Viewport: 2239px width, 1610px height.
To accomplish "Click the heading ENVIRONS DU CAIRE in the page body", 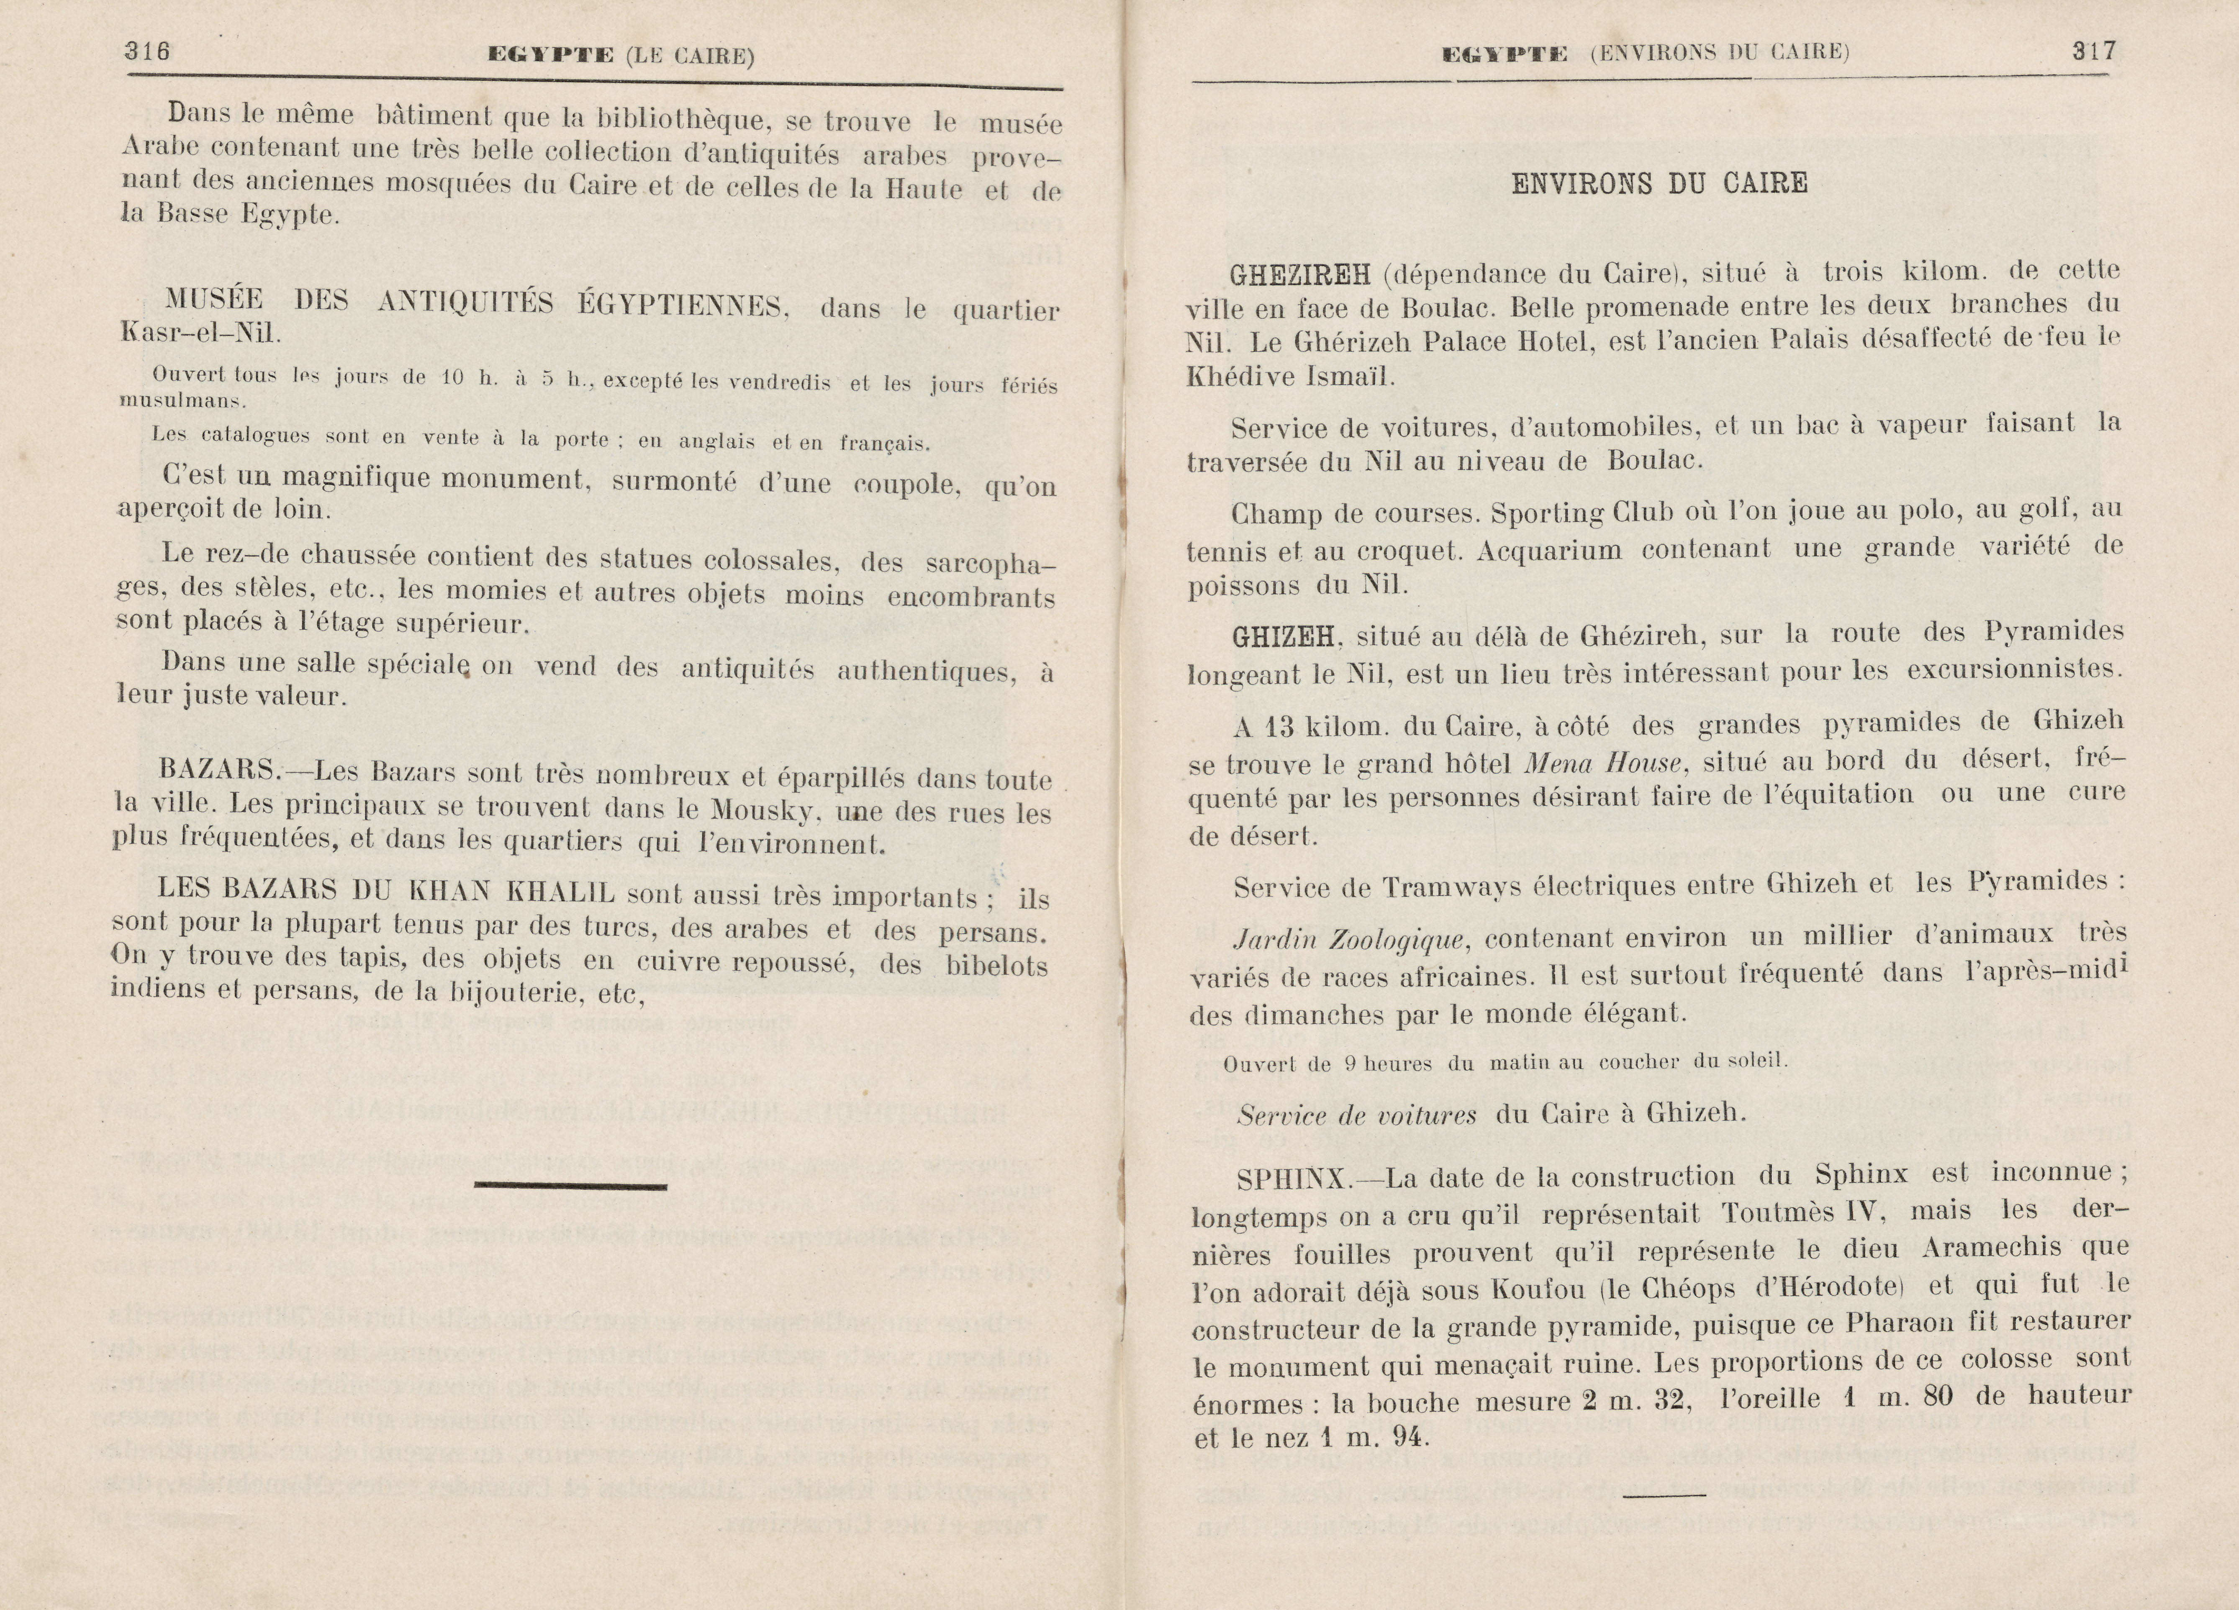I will point(1659,184).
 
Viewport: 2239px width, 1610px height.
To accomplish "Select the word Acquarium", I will point(1549,550).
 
